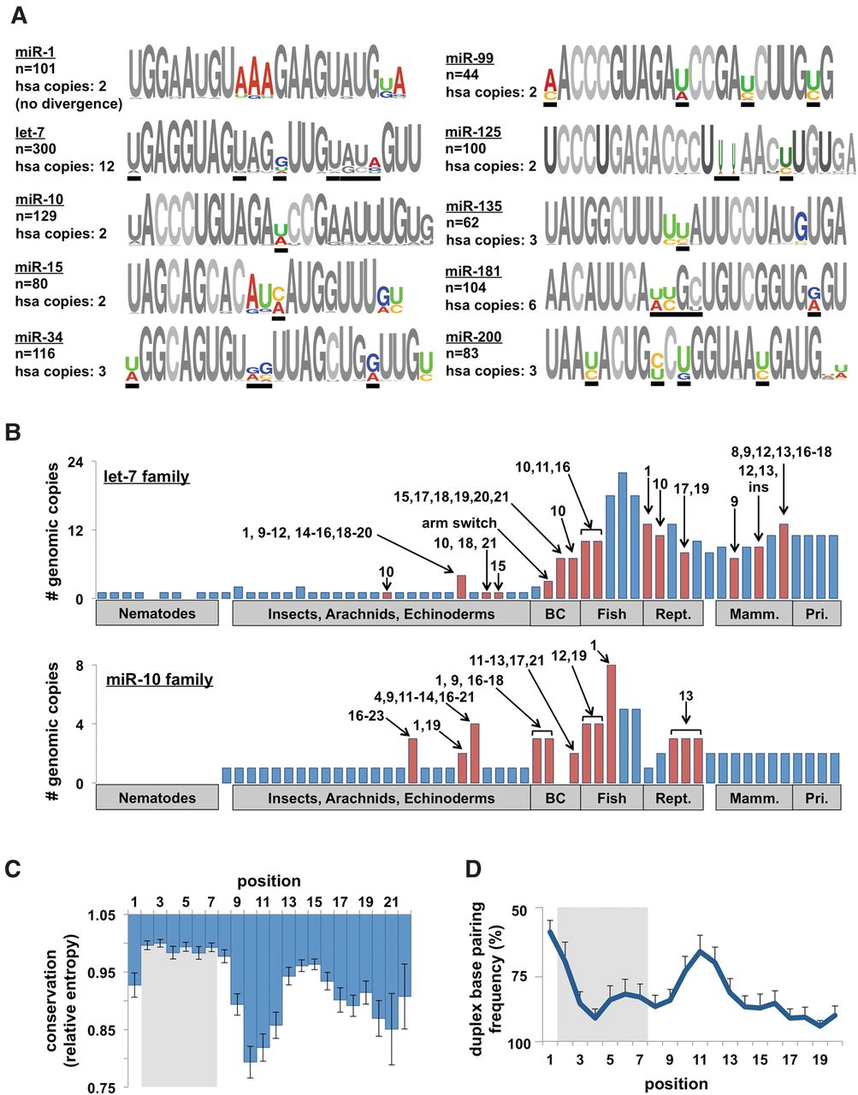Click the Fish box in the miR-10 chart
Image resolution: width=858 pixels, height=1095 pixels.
coord(611,798)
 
